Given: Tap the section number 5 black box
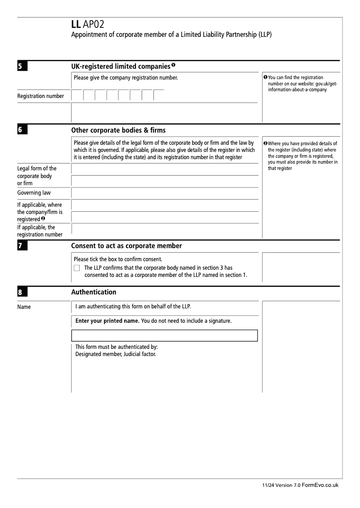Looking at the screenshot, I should (22, 67).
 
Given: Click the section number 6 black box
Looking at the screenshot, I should (22, 130).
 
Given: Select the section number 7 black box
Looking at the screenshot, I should (22, 246).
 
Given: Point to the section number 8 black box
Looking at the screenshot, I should (22, 293).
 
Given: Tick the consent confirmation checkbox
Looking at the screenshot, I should (77, 268).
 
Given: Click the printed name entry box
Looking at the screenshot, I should (165, 336).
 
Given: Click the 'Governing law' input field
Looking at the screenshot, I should (165, 193).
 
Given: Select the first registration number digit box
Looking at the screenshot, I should (77, 95).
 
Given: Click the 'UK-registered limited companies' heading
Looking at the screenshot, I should (120, 67).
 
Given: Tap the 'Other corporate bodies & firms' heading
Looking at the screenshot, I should (118, 130).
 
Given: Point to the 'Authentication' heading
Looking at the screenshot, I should (94, 292).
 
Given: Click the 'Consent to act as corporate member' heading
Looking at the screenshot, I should (126, 246).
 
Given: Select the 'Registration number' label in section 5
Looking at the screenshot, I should (40, 96).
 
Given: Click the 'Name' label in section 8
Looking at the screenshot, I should (24, 307).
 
